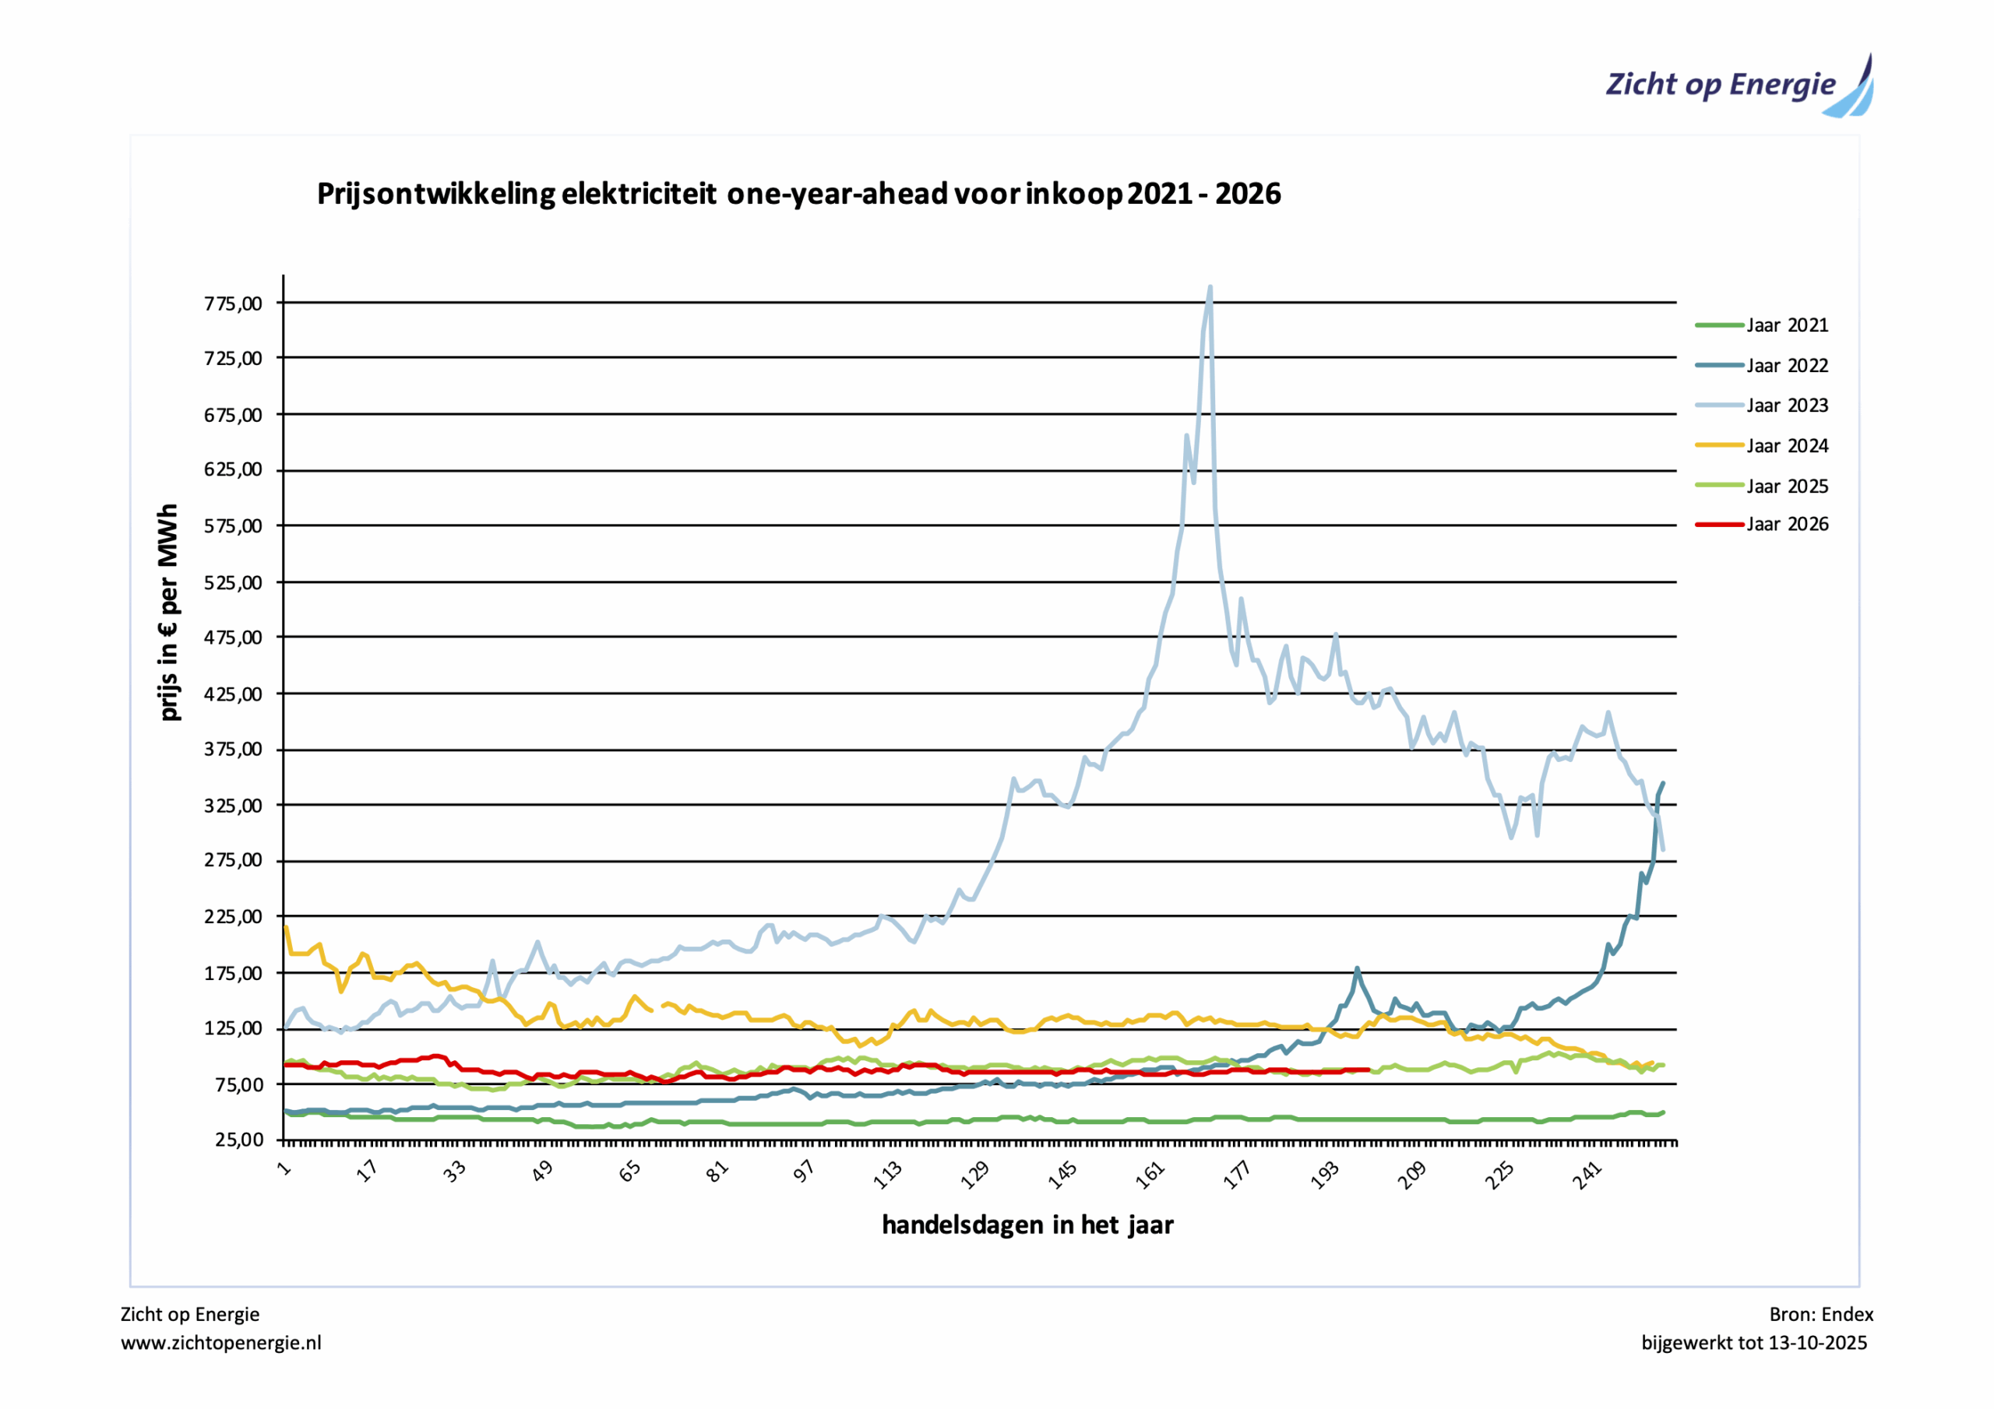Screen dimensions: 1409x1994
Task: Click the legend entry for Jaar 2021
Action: (x=1787, y=325)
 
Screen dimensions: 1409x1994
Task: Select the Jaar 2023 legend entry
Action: (x=1787, y=406)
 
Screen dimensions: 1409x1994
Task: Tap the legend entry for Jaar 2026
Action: (x=1787, y=525)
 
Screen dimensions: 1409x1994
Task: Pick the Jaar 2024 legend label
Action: (x=1787, y=446)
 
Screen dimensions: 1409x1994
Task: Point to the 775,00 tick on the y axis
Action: (x=233, y=304)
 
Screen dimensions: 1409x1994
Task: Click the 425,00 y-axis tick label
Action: (x=233, y=694)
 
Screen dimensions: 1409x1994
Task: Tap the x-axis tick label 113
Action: (x=889, y=1175)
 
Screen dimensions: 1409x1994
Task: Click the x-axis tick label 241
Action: (x=1587, y=1175)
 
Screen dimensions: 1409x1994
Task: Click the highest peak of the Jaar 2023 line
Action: (x=1210, y=287)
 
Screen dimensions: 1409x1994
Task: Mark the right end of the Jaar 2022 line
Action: (x=1662, y=783)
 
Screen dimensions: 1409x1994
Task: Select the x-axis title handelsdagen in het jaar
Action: (x=1027, y=1225)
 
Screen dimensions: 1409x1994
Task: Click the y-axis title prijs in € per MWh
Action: (x=168, y=612)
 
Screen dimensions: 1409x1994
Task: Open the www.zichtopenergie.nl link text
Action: (x=220, y=1343)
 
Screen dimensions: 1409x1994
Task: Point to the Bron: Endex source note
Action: (x=1820, y=1314)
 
